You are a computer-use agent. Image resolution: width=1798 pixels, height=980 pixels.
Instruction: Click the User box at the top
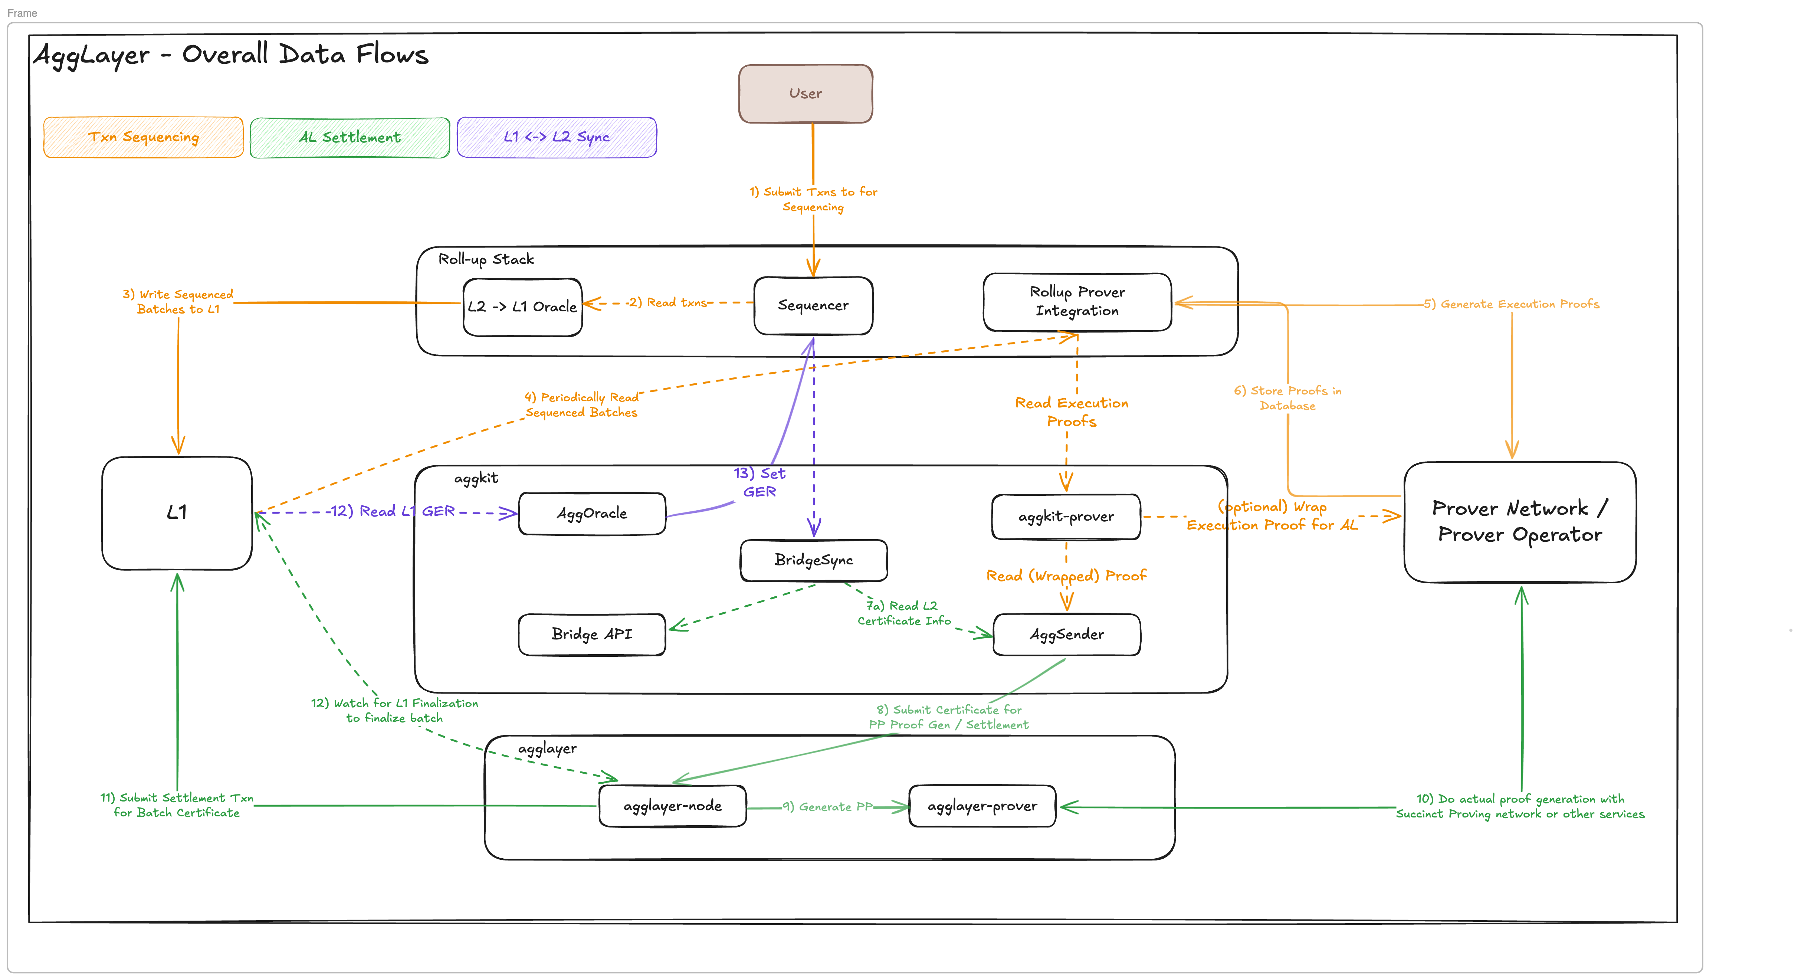(806, 94)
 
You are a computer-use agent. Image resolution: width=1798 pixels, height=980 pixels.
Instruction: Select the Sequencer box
(813, 306)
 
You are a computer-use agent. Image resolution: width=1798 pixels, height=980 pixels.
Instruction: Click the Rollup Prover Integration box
(1077, 302)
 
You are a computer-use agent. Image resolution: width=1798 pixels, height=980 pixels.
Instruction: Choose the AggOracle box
(592, 514)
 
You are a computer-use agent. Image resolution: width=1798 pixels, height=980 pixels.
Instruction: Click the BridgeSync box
(814, 560)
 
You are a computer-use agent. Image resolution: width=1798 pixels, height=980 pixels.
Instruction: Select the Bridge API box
(592, 635)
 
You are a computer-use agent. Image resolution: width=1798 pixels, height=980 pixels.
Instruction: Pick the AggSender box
(1066, 635)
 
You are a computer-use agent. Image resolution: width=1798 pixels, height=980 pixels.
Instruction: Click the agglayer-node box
(672, 806)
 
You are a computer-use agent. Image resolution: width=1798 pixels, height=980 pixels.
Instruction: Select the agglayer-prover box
(982, 806)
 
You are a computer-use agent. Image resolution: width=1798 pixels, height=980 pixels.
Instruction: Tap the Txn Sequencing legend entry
(143, 138)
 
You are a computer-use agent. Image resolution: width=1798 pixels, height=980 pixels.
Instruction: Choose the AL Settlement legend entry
(350, 138)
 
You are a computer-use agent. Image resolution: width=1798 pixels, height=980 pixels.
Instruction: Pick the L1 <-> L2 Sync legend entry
(556, 138)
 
